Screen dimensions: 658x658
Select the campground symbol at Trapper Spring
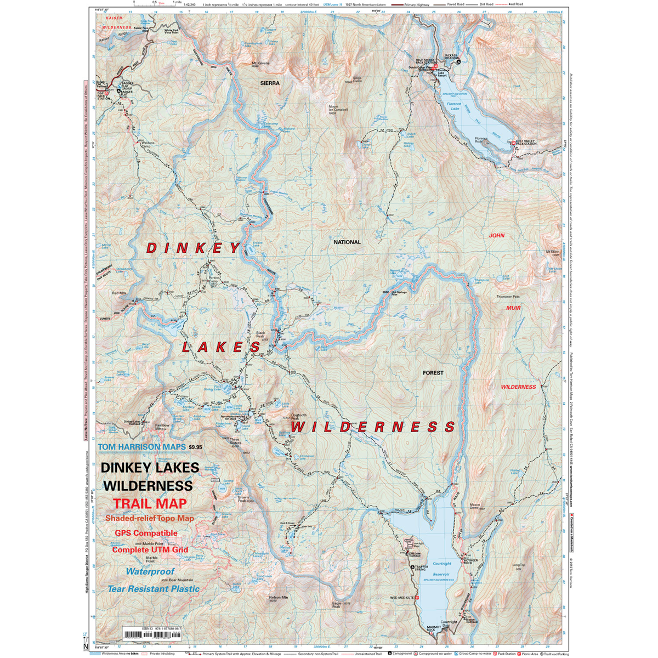(x=413, y=565)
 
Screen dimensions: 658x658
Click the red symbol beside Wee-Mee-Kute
(x=417, y=597)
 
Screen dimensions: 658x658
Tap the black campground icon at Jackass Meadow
(x=458, y=61)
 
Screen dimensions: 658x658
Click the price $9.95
(x=195, y=447)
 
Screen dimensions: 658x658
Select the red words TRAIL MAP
(x=150, y=503)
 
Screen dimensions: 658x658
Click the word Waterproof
(x=150, y=571)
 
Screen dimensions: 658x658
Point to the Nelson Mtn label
(x=279, y=599)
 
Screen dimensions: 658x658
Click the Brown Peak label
(x=245, y=498)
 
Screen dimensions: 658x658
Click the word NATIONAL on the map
(x=347, y=242)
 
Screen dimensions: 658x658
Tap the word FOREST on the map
(x=433, y=373)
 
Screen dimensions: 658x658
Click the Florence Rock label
(x=481, y=140)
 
